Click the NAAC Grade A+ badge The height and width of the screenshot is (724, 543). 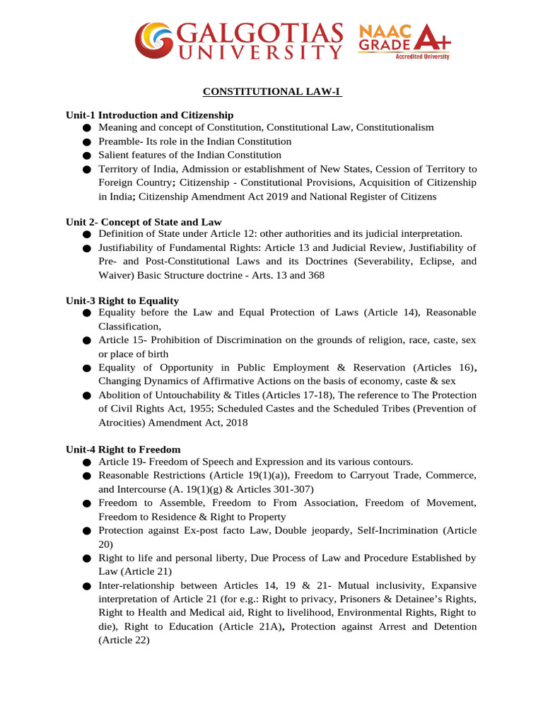[x=404, y=41]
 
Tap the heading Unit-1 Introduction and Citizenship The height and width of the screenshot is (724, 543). [x=149, y=115]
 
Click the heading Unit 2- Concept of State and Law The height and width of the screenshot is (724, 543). [x=144, y=222]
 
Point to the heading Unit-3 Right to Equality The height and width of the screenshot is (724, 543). [x=122, y=300]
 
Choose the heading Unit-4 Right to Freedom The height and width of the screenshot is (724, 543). [x=123, y=449]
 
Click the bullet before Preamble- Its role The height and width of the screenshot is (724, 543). [x=86, y=142]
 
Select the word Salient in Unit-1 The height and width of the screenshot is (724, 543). [x=113, y=155]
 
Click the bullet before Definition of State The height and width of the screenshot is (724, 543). [x=86, y=234]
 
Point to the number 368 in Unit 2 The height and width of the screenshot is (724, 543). [x=316, y=275]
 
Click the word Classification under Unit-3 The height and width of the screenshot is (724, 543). [x=129, y=326]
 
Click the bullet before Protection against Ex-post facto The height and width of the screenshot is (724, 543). [x=86, y=531]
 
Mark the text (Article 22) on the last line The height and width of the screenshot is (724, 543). [x=124, y=640]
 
